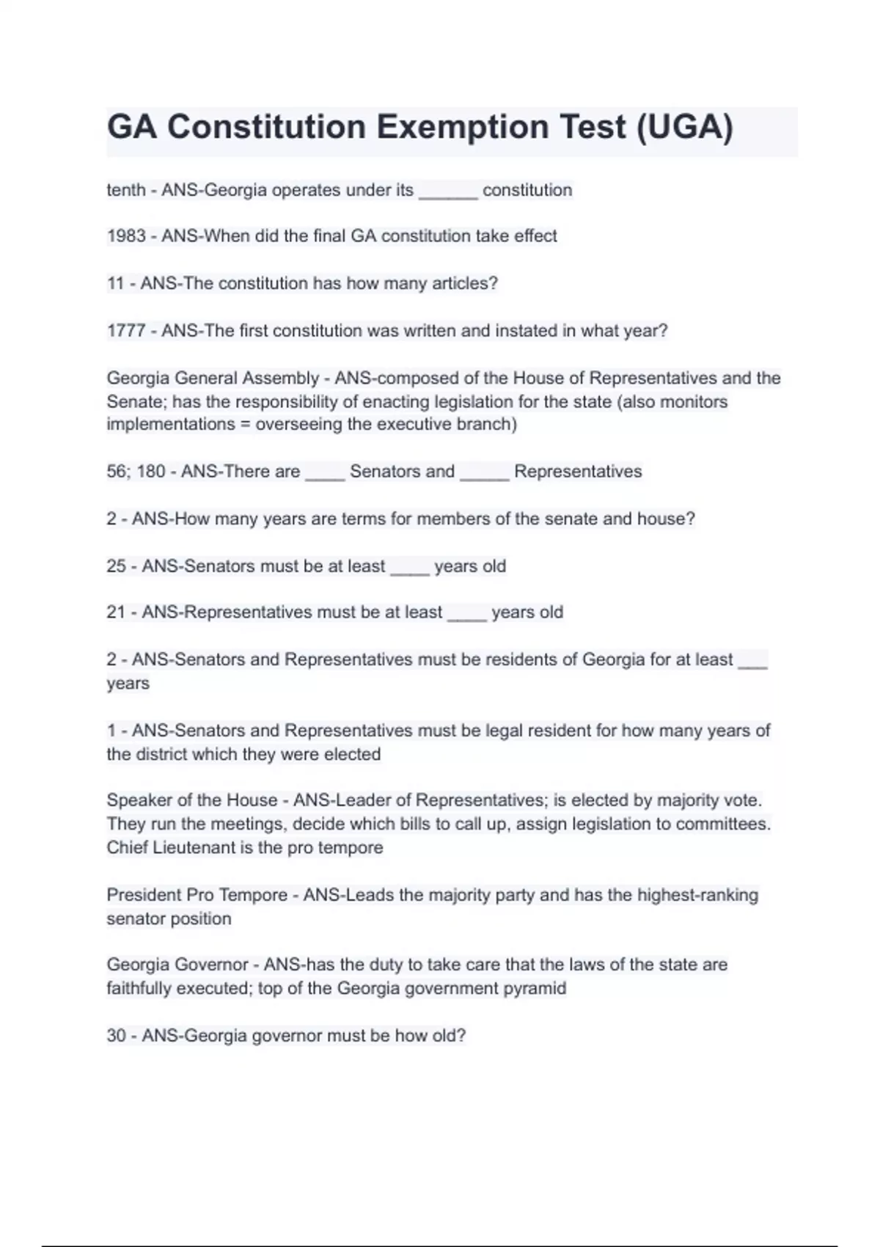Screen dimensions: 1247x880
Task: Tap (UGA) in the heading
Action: [x=684, y=127]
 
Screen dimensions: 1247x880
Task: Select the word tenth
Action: [x=126, y=190]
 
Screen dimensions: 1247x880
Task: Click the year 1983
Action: [x=126, y=236]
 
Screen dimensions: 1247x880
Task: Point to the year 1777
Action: [x=126, y=331]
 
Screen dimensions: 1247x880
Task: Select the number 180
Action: [x=151, y=472]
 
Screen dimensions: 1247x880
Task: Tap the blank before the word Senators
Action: [x=325, y=474]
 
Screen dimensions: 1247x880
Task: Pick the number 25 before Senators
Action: [x=117, y=566]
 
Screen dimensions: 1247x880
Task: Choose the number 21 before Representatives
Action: [x=117, y=612]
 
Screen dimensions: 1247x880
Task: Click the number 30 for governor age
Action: [x=117, y=1036]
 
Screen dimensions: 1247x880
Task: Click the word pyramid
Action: [x=535, y=989]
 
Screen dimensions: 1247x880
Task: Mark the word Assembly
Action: [x=284, y=379]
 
